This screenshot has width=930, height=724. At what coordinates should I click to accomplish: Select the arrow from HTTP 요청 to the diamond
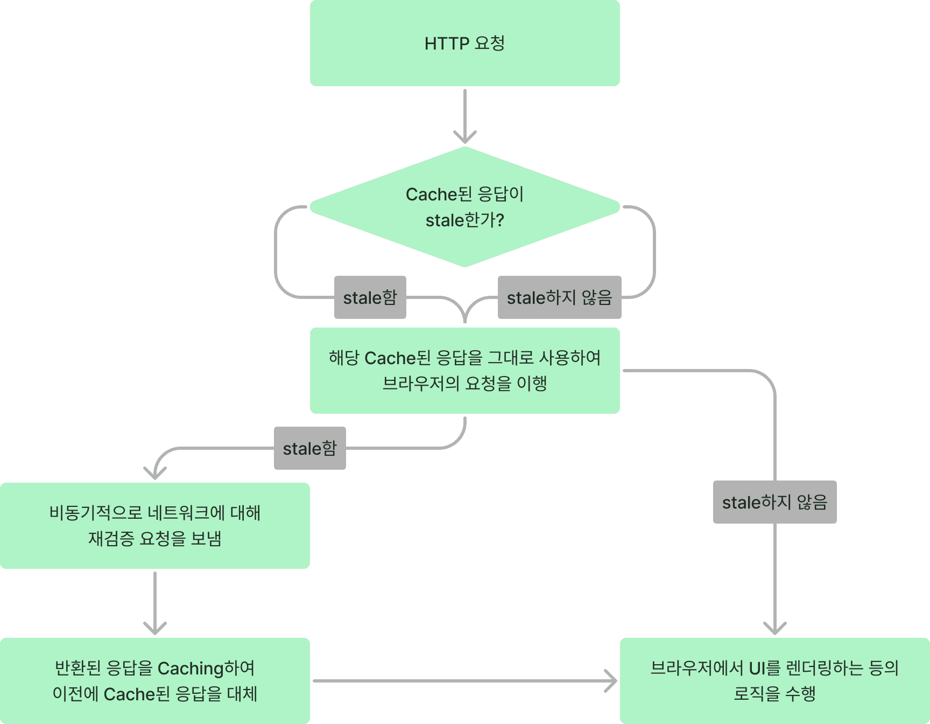coord(464,116)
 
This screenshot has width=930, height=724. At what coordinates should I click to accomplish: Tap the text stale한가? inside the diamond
coord(464,220)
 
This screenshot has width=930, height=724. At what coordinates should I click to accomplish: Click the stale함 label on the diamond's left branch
coord(370,297)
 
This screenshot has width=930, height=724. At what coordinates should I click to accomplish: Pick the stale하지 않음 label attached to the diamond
coord(559,297)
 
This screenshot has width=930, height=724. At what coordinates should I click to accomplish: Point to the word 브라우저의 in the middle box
coord(421,384)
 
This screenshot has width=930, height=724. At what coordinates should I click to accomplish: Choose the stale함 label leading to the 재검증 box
coord(309,448)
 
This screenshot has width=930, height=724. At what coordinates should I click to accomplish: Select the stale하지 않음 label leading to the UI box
coord(774,502)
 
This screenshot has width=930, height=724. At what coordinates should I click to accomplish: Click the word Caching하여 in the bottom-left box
coord(206,668)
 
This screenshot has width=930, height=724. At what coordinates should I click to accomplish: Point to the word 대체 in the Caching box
coord(242,694)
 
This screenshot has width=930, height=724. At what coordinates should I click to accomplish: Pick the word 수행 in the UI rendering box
coord(800,694)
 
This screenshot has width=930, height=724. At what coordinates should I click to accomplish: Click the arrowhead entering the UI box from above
coord(774,628)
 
